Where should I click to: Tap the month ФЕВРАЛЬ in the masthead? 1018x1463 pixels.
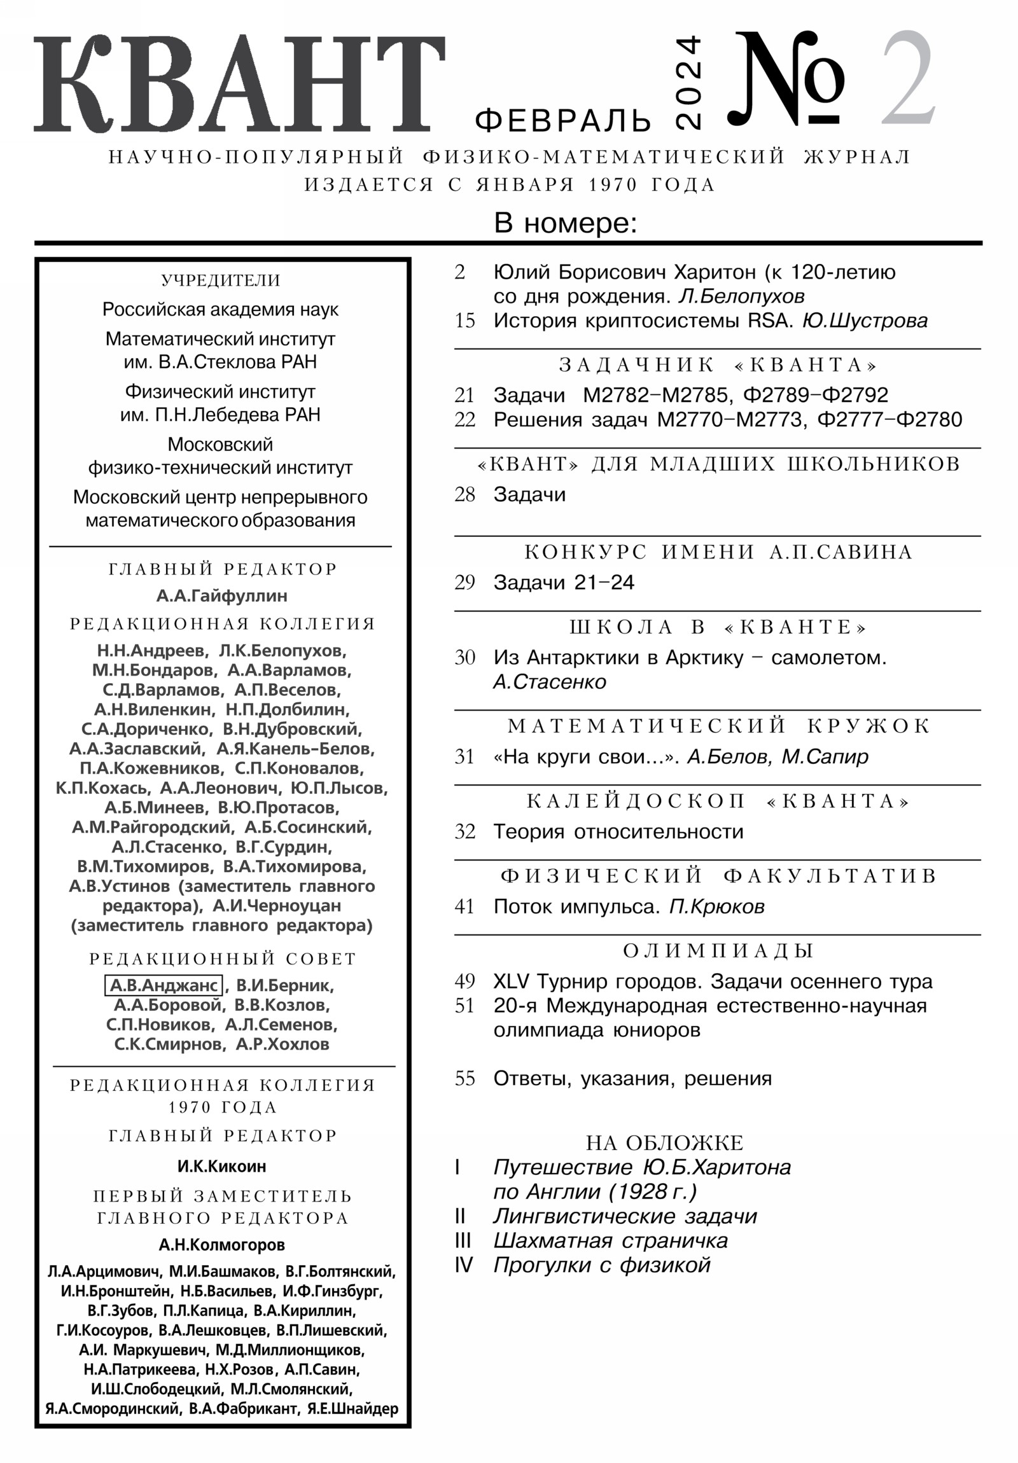[x=563, y=120]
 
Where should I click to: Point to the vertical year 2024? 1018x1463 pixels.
[x=687, y=83]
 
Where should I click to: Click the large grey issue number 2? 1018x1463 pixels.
[x=908, y=80]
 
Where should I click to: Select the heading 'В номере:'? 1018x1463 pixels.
[x=566, y=224]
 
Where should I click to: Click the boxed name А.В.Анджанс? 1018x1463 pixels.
[x=163, y=985]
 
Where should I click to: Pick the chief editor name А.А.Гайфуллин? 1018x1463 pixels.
[x=222, y=596]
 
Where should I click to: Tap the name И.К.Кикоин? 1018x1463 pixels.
[x=222, y=1166]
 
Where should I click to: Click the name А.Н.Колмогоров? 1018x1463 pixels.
[x=222, y=1244]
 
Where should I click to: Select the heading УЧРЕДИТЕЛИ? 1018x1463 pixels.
[x=221, y=281]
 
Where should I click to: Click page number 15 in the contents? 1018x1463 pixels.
[x=464, y=321]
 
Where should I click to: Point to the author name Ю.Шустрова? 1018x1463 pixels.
[x=865, y=321]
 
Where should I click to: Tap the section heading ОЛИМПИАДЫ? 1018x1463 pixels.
[x=718, y=951]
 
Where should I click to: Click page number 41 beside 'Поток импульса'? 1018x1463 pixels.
[x=464, y=906]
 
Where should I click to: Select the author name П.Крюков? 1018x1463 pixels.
[x=716, y=906]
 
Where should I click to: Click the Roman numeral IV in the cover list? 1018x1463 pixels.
[x=463, y=1265]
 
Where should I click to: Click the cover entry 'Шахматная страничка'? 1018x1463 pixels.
[x=610, y=1240]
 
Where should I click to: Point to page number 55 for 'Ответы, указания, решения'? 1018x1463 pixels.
[x=464, y=1079]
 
